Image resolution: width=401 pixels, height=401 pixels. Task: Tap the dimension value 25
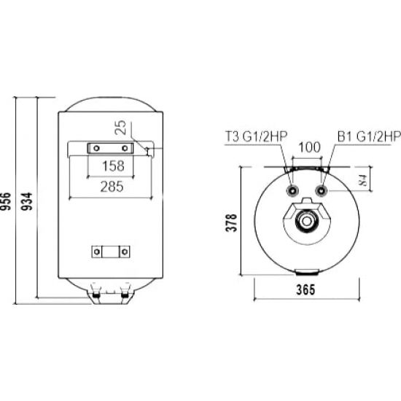tap(122, 129)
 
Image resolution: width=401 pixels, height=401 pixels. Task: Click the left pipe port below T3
tap(292, 191)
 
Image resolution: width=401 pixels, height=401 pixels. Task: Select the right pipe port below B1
tap(322, 191)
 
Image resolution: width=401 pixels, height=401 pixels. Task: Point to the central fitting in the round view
tap(307, 219)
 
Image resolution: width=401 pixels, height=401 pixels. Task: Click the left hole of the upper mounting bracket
tap(94, 148)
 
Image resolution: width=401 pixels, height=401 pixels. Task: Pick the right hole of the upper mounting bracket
tap(125, 148)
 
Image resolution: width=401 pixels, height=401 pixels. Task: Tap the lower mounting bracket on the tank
tap(109, 252)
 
